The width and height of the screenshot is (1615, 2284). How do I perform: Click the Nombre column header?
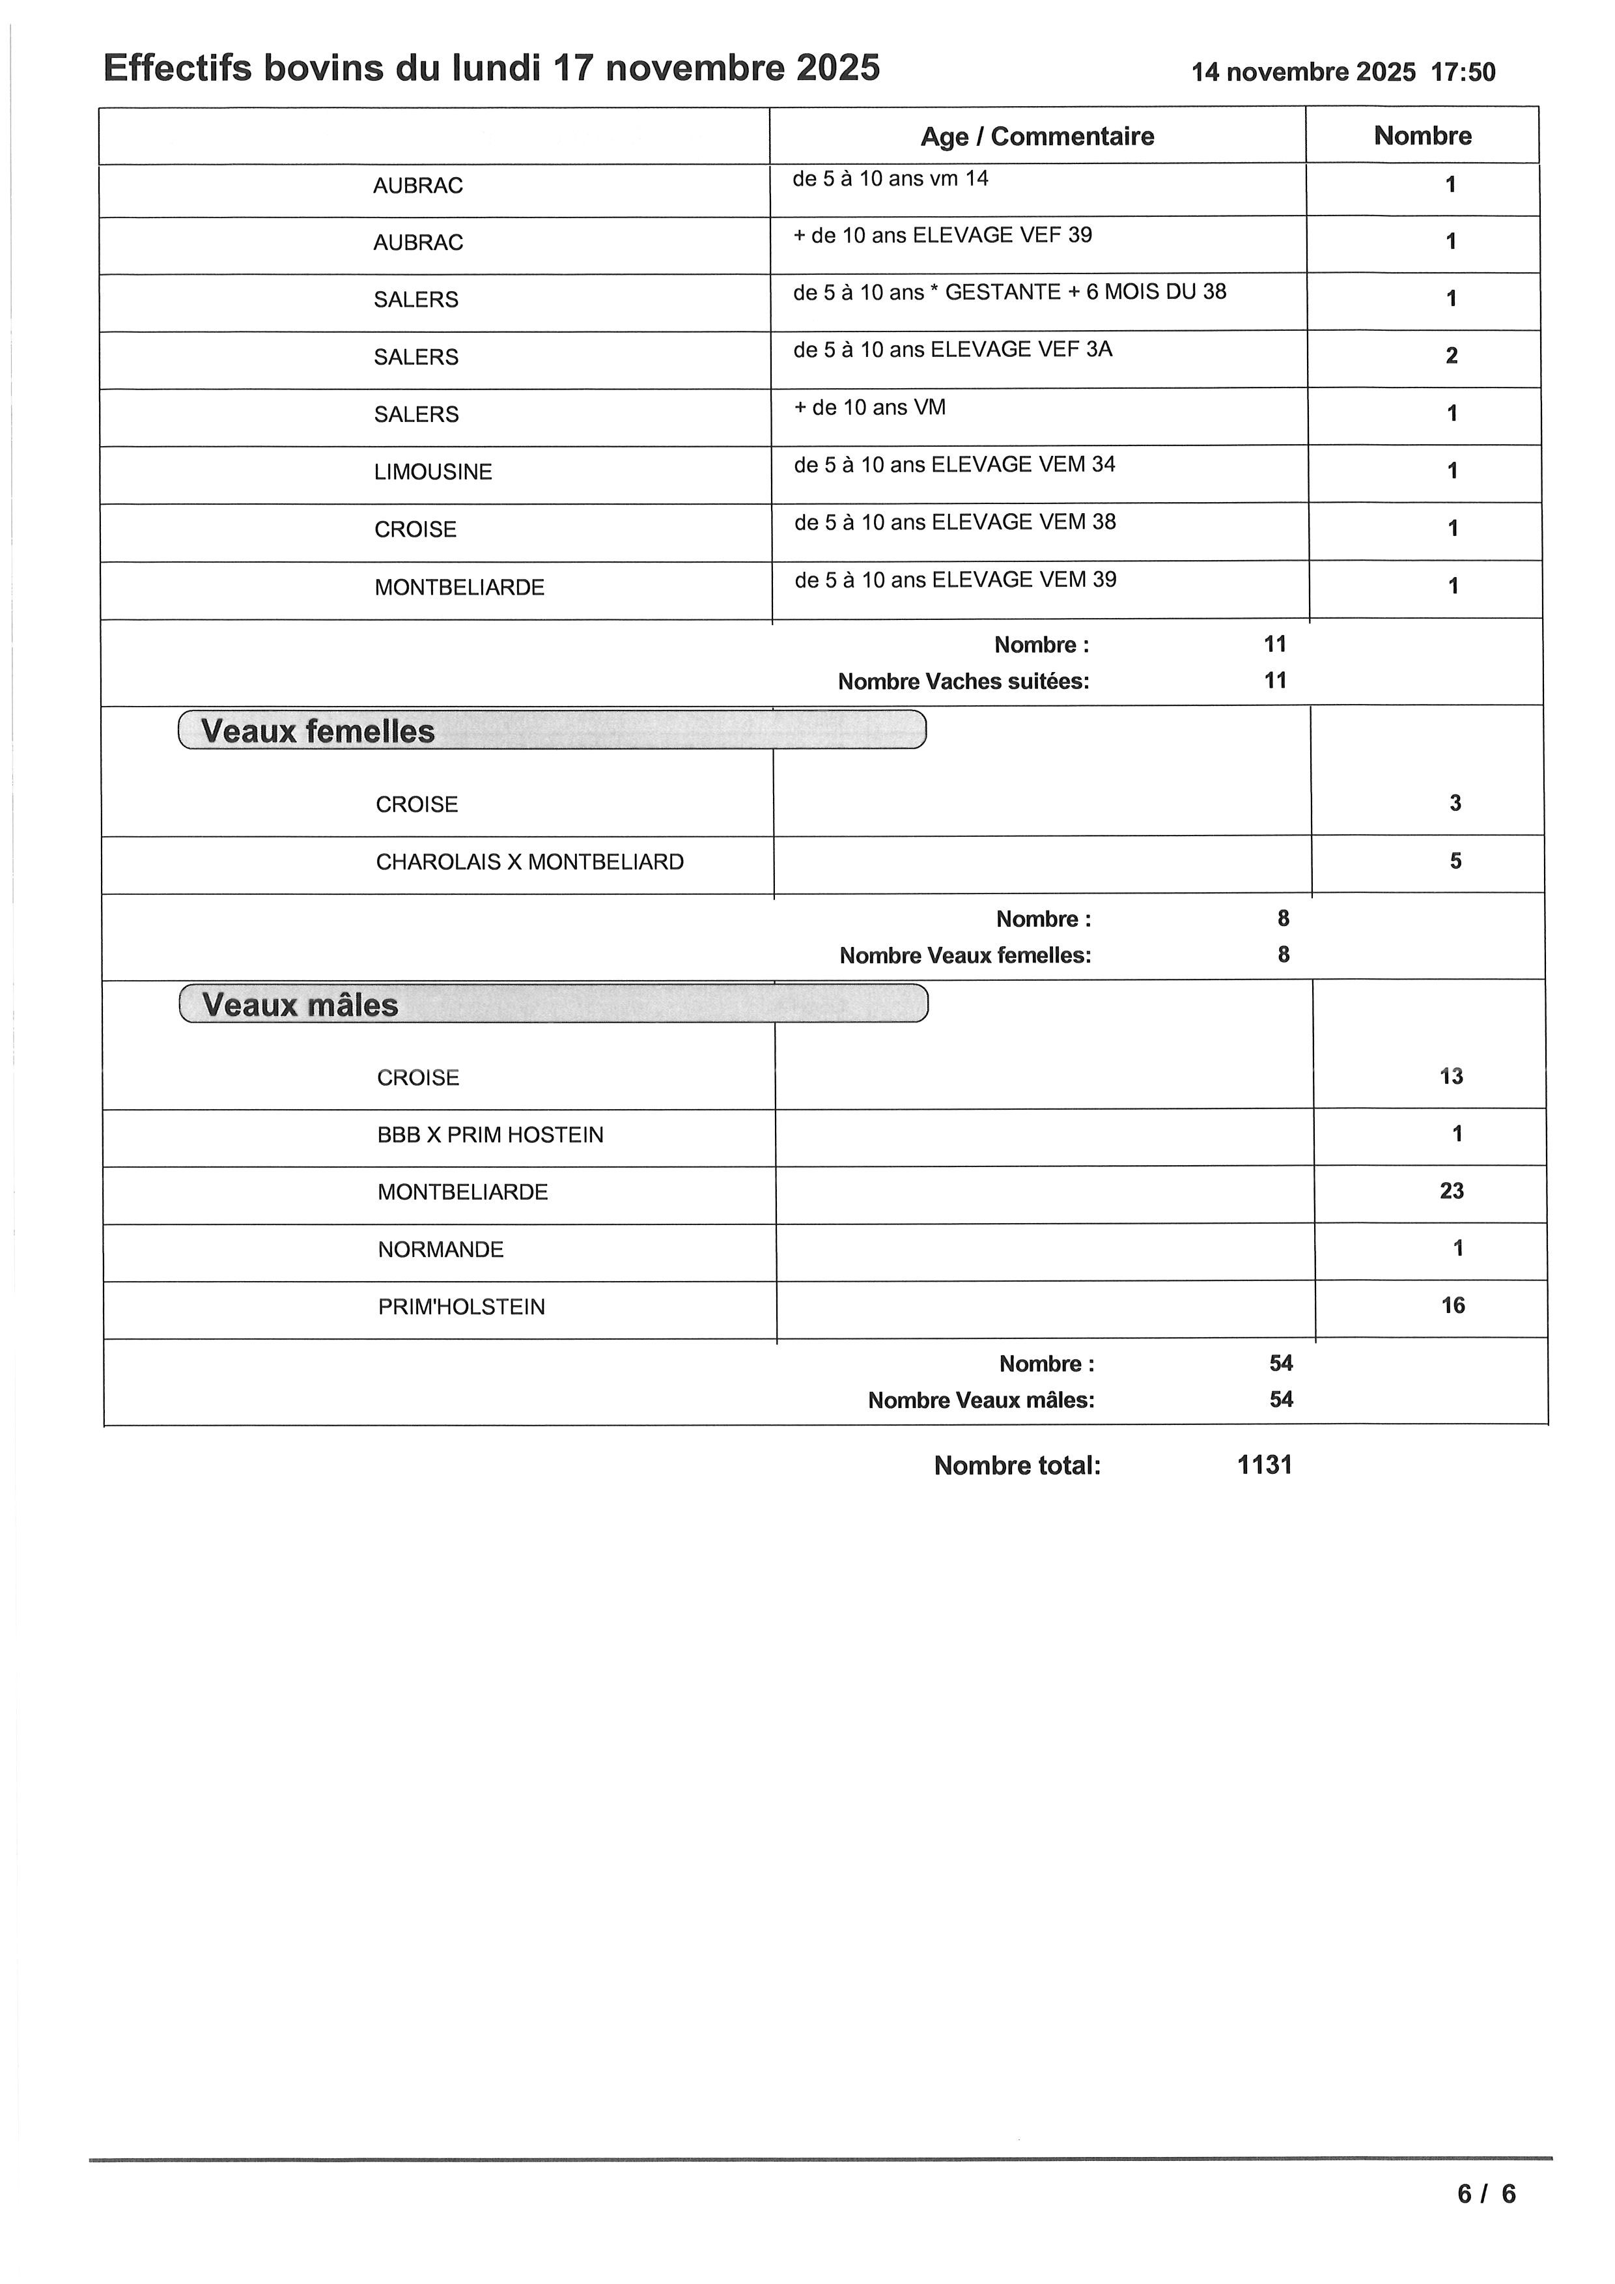(1422, 136)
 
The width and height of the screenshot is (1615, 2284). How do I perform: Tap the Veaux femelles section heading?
(318, 731)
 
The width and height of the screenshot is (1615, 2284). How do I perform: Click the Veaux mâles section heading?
(300, 1005)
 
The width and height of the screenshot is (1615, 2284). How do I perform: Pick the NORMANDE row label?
(441, 1249)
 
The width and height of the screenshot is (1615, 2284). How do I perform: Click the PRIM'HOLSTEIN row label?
(462, 1307)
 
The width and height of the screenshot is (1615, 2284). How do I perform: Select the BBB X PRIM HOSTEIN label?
(490, 1135)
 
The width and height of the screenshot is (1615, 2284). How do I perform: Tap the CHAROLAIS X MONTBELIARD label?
(530, 862)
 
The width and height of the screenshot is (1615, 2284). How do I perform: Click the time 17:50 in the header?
(1463, 72)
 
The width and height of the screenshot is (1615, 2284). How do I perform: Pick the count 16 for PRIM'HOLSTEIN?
(1452, 1305)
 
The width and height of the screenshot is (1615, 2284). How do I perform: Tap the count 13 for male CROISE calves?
(1451, 1077)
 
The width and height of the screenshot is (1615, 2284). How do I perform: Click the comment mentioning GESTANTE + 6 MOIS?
(1009, 292)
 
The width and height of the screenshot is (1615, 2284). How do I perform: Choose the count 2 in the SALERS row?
(1451, 356)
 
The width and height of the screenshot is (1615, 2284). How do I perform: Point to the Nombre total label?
(1017, 1465)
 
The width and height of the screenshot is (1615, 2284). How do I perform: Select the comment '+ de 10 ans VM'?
(869, 408)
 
